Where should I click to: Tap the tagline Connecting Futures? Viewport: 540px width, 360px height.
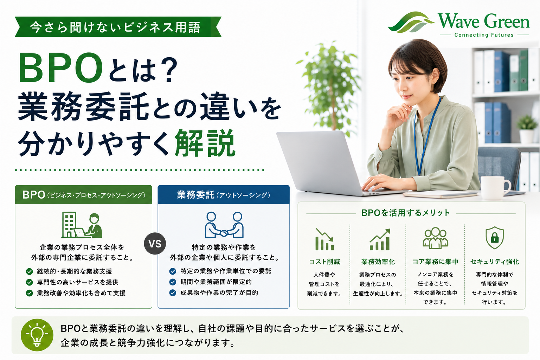tap(484, 35)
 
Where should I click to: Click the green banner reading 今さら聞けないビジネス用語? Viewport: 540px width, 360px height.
tap(118, 27)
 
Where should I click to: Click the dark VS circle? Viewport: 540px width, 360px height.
tap(155, 244)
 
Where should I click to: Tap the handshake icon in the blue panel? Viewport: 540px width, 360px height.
tap(224, 225)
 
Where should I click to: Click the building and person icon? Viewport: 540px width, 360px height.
tap(82, 225)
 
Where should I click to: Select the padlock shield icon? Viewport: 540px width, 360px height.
tap(494, 238)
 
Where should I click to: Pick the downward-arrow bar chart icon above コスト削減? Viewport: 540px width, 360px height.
tap(324, 239)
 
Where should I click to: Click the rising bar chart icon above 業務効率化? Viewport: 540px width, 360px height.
tap(380, 239)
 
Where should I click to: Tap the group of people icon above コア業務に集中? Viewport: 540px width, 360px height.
tap(435, 238)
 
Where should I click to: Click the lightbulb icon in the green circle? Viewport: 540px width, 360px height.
tap(37, 335)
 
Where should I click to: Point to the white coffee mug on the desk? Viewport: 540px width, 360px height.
tap(495, 188)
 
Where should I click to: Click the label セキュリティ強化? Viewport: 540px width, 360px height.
tap(495, 262)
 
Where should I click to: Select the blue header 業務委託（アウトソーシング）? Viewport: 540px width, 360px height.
tap(224, 195)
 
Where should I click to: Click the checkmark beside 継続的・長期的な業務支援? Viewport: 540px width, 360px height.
tap(30, 271)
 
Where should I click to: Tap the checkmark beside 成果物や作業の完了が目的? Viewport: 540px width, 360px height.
tap(173, 293)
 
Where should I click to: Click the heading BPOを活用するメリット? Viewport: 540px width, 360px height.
tap(406, 213)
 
